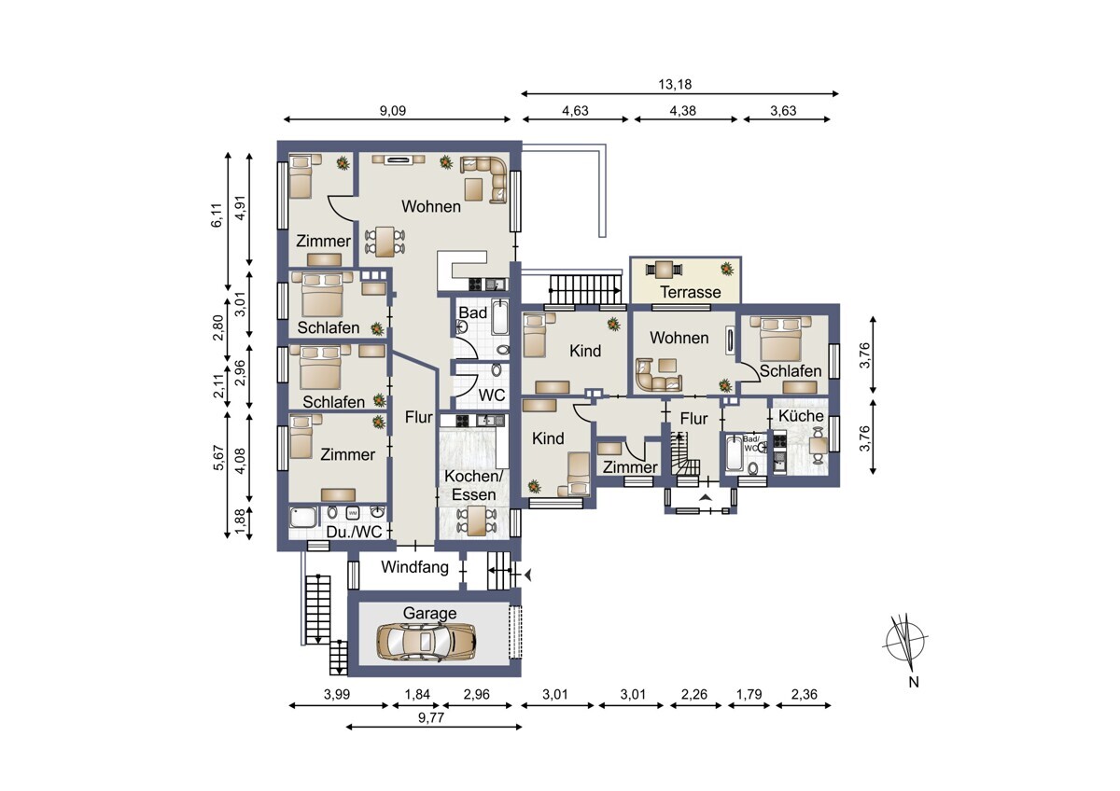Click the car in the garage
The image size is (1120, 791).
426,641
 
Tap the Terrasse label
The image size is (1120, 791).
690,292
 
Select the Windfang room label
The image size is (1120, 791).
414,566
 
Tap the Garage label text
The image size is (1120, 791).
429,613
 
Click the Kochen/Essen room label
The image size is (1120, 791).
473,485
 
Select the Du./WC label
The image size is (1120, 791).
354,533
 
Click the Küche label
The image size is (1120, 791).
801,415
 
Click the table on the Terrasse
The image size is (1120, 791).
664,271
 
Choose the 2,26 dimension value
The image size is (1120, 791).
694,693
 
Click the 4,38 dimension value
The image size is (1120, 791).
686,109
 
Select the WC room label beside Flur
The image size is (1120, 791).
492,395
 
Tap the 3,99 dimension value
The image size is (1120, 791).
337,693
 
